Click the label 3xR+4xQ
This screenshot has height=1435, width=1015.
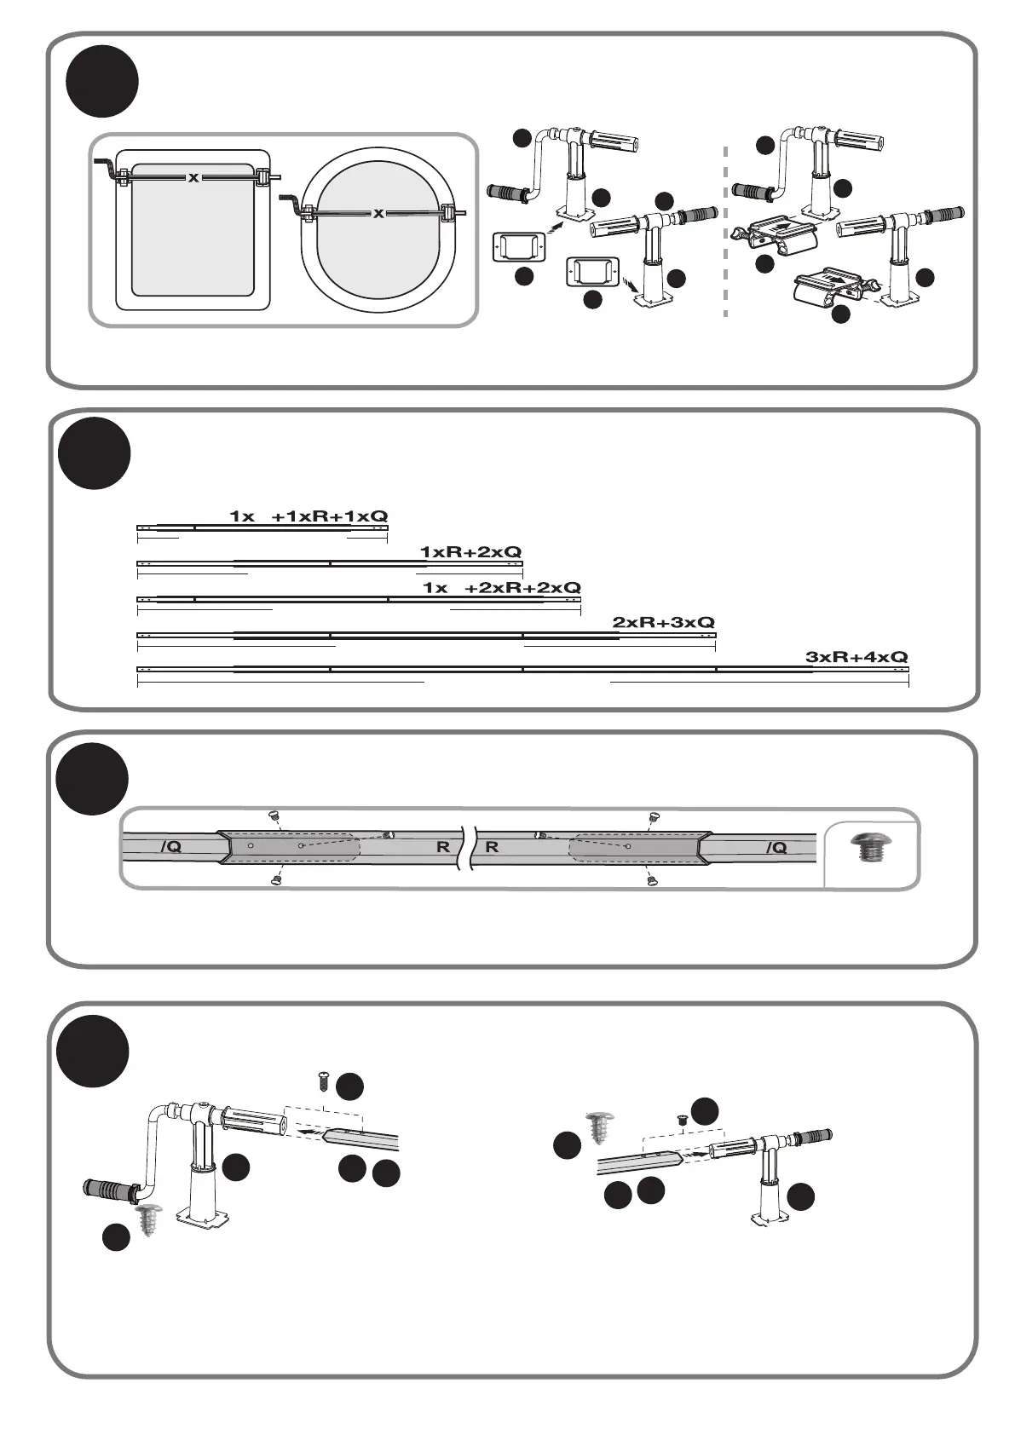click(856, 658)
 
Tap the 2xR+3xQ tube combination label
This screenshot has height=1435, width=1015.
click(663, 623)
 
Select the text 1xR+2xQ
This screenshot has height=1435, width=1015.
click(470, 552)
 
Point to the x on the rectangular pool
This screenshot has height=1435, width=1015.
click(193, 178)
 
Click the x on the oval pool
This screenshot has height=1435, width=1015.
click(378, 213)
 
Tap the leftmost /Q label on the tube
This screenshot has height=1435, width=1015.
click(170, 847)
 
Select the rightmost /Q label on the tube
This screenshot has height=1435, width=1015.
click(776, 847)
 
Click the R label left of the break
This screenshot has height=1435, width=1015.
click(443, 848)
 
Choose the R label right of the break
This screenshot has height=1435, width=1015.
click(493, 848)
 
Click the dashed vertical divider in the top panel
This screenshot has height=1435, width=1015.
click(726, 230)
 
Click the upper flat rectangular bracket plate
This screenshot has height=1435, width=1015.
click(516, 248)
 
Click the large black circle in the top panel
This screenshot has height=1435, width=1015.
click(102, 81)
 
